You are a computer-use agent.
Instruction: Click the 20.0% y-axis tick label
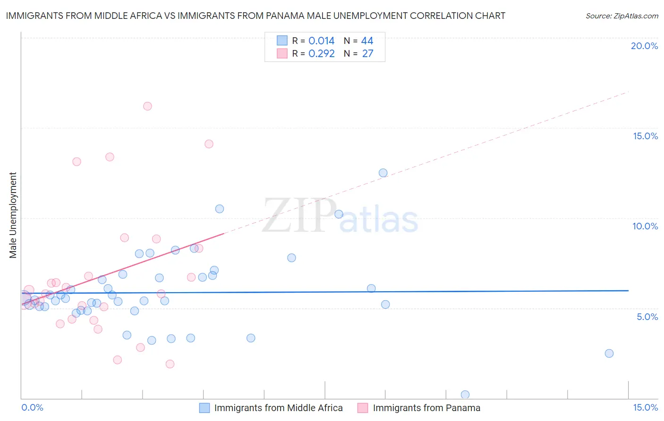(644, 46)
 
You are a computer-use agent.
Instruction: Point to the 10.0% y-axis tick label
(645, 226)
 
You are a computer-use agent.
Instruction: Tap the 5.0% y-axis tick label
(647, 317)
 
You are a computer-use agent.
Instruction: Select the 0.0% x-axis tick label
(32, 407)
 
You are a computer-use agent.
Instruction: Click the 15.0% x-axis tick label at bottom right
(645, 407)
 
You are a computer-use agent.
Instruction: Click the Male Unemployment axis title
(13, 215)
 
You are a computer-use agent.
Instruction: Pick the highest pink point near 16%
(147, 106)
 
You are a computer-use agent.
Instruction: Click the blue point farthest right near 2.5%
(609, 354)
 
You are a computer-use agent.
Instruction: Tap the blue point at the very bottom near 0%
(465, 395)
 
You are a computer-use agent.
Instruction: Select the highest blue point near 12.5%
(383, 173)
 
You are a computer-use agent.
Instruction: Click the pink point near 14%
(209, 144)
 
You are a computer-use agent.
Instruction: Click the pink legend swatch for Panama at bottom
(363, 408)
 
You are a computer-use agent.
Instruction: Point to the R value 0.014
(321, 41)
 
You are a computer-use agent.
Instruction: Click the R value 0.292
(321, 54)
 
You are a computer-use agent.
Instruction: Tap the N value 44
(367, 41)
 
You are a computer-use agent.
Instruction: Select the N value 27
(367, 54)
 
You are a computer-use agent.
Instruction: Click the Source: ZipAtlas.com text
(621, 16)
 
